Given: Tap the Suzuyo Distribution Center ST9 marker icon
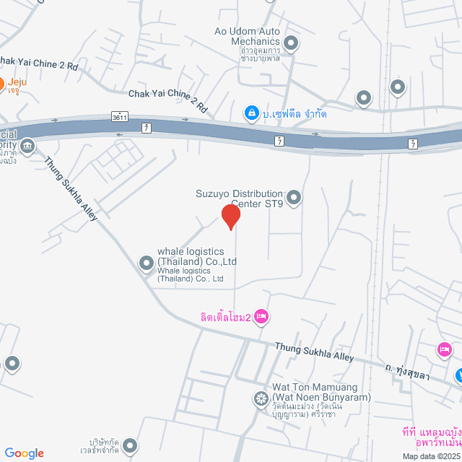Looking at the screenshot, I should point(294,196).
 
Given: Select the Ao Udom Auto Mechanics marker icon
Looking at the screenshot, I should point(290,44).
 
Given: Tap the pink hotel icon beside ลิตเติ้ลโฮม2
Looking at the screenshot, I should point(261,315).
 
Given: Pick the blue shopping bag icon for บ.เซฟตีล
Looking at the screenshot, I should point(251,113).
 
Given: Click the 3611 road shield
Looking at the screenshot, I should point(121,116).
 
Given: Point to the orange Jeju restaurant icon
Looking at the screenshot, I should point(2,82).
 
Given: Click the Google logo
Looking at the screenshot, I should point(24,453).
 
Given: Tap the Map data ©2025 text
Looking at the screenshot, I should point(431,456).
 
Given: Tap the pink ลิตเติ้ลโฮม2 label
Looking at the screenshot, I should point(225,316).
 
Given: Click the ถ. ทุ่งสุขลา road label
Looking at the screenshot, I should point(413,372).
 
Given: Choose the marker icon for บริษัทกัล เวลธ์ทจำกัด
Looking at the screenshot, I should point(130,445).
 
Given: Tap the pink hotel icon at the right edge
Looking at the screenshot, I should point(444,350).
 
